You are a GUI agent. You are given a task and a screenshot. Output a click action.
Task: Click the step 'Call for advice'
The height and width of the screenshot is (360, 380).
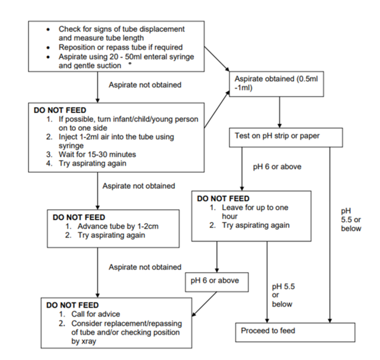(97, 314)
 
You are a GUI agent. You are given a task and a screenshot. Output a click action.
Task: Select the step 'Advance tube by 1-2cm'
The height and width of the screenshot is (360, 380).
(111, 226)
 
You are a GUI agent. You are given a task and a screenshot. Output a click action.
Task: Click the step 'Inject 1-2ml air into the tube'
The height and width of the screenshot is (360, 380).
(116, 137)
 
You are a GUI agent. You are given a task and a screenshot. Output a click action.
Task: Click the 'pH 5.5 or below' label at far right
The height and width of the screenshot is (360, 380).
(350, 220)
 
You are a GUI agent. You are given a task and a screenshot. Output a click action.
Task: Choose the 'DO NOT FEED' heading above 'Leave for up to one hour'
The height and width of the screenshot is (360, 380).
(223, 198)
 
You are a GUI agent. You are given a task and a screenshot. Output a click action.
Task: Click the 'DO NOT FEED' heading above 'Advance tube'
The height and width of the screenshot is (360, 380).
(79, 217)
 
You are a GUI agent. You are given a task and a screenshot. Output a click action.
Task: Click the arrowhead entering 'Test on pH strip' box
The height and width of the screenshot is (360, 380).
(279, 126)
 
